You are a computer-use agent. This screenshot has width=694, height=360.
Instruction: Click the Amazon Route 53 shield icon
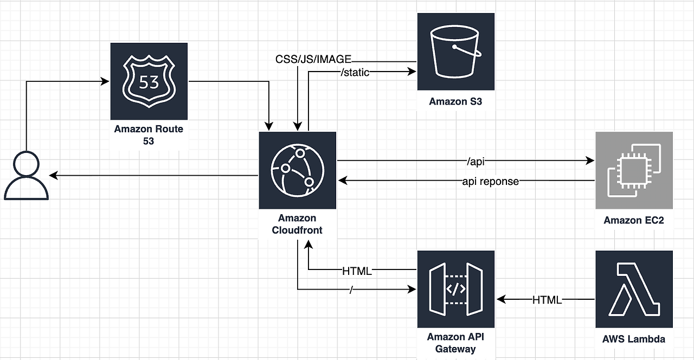click(149, 81)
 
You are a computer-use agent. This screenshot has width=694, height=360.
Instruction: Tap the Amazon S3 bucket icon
click(455, 52)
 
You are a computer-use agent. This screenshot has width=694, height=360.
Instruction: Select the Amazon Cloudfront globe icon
click(297, 170)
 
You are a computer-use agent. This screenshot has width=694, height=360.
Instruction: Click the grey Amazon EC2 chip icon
click(634, 170)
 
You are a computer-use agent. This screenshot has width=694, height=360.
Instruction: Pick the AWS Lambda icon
click(634, 289)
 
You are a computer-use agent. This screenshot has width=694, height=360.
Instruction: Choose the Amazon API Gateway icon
click(455, 289)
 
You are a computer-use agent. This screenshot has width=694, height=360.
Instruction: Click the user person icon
click(26, 177)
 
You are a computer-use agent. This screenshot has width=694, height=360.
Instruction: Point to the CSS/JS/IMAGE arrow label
click(313, 59)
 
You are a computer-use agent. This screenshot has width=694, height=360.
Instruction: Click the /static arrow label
click(355, 72)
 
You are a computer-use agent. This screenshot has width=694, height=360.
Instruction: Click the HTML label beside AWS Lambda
click(547, 299)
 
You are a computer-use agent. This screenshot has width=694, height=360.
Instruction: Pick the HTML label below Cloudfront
click(357, 271)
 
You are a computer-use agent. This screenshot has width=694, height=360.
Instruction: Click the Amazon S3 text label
click(455, 101)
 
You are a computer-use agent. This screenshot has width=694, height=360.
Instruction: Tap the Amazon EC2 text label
click(634, 220)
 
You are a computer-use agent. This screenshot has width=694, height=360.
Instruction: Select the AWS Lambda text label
click(634, 339)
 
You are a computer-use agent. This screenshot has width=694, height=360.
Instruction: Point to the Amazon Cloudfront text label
click(297, 224)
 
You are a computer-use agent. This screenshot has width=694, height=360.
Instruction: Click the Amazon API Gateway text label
click(455, 343)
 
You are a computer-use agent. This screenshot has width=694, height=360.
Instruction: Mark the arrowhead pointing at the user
click(53, 175)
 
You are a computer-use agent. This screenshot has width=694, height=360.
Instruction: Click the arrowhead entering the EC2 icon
click(590, 160)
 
